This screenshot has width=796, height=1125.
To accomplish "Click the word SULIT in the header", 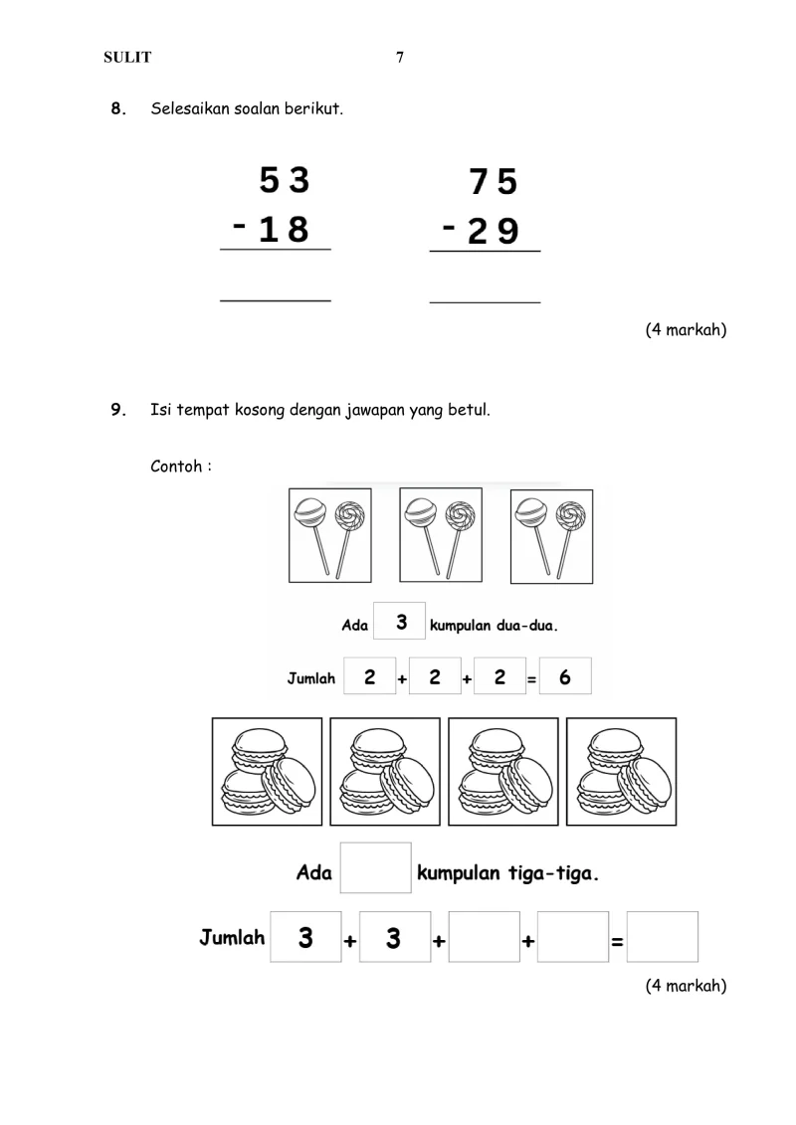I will point(127,58).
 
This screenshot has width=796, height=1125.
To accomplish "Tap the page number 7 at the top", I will point(400,58).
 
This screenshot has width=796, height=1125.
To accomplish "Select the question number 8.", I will point(118,108).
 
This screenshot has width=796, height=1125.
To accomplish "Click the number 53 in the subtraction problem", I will point(285,181).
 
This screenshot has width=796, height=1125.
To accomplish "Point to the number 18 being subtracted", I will point(284,230).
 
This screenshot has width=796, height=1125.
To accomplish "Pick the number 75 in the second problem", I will point(494,183).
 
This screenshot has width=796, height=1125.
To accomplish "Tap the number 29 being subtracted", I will point(494,232).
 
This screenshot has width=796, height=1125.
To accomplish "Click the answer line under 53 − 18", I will point(275,298).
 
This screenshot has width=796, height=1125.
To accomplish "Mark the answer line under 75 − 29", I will point(485,299).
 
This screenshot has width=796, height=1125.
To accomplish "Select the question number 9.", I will point(118,409).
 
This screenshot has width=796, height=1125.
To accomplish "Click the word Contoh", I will point(180,466).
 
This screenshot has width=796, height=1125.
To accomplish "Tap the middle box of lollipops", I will point(440,535).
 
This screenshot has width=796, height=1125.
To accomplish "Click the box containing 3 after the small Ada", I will point(400,624).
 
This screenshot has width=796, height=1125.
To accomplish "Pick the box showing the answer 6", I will point(565,677).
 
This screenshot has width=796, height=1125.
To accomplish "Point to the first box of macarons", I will point(268,772).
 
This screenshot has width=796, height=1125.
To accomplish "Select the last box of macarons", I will point(622,772).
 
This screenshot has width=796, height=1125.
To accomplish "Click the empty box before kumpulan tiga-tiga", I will point(376,868).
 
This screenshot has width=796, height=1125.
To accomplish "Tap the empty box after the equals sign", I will point(663,937).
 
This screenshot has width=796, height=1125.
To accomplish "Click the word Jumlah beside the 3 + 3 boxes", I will point(232,937).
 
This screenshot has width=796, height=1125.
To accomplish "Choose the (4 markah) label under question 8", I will point(686,330).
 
